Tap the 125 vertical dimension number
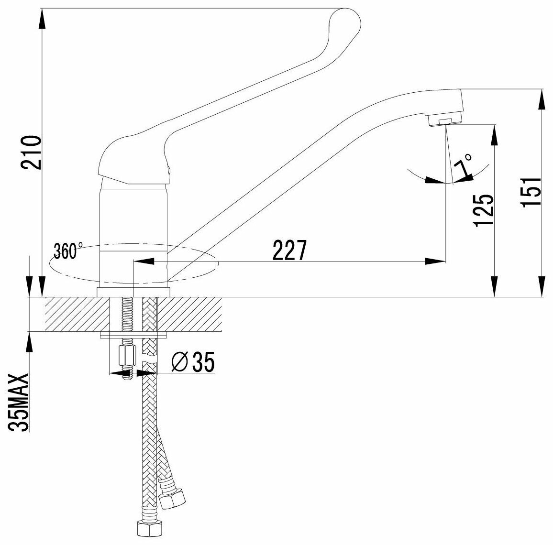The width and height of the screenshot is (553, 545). tap(485, 210)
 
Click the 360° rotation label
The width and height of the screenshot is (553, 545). tap(67, 251)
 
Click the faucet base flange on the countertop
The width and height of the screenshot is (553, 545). tap(134, 292)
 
